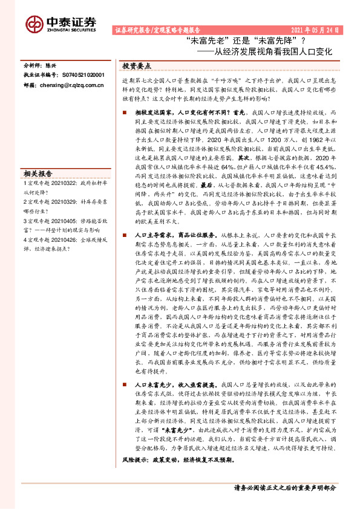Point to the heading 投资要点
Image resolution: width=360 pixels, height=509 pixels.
(137, 66)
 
